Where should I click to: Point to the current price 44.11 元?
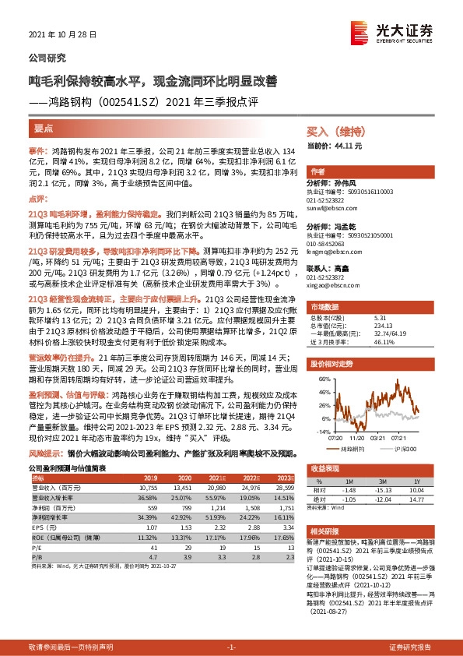342,146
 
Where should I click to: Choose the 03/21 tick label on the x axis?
378,439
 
